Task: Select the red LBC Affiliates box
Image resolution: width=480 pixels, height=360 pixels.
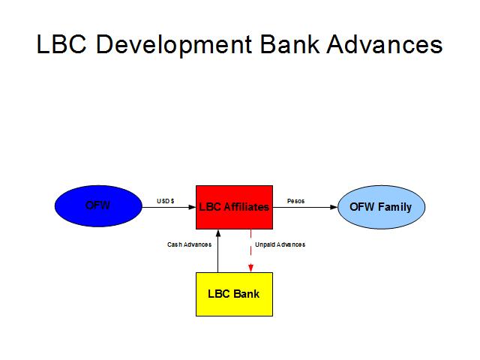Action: (234, 206)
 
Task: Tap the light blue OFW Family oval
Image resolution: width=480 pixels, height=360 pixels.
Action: (381, 206)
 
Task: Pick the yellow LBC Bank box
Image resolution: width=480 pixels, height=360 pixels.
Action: (234, 293)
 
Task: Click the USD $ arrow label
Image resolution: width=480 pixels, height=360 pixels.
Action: (166, 201)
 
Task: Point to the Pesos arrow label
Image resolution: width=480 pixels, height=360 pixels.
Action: (296, 201)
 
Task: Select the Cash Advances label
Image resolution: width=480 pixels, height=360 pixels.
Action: (189, 244)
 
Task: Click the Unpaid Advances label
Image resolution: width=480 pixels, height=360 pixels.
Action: (280, 244)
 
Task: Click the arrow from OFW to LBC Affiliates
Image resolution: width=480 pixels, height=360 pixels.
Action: (169, 207)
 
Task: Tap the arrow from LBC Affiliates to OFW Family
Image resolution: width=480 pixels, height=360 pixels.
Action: (304, 207)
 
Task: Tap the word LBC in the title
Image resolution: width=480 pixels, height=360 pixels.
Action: (61, 45)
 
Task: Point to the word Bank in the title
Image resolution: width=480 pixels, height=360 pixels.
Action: (286, 45)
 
